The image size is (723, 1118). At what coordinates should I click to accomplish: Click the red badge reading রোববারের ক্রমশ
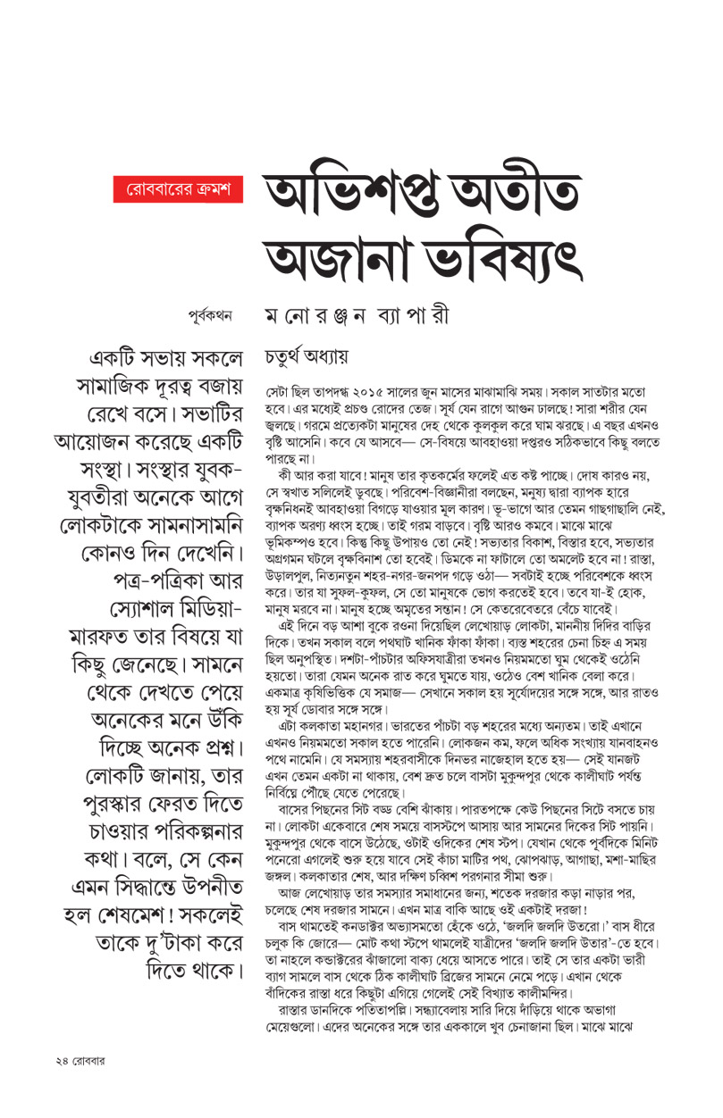coord(180,189)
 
